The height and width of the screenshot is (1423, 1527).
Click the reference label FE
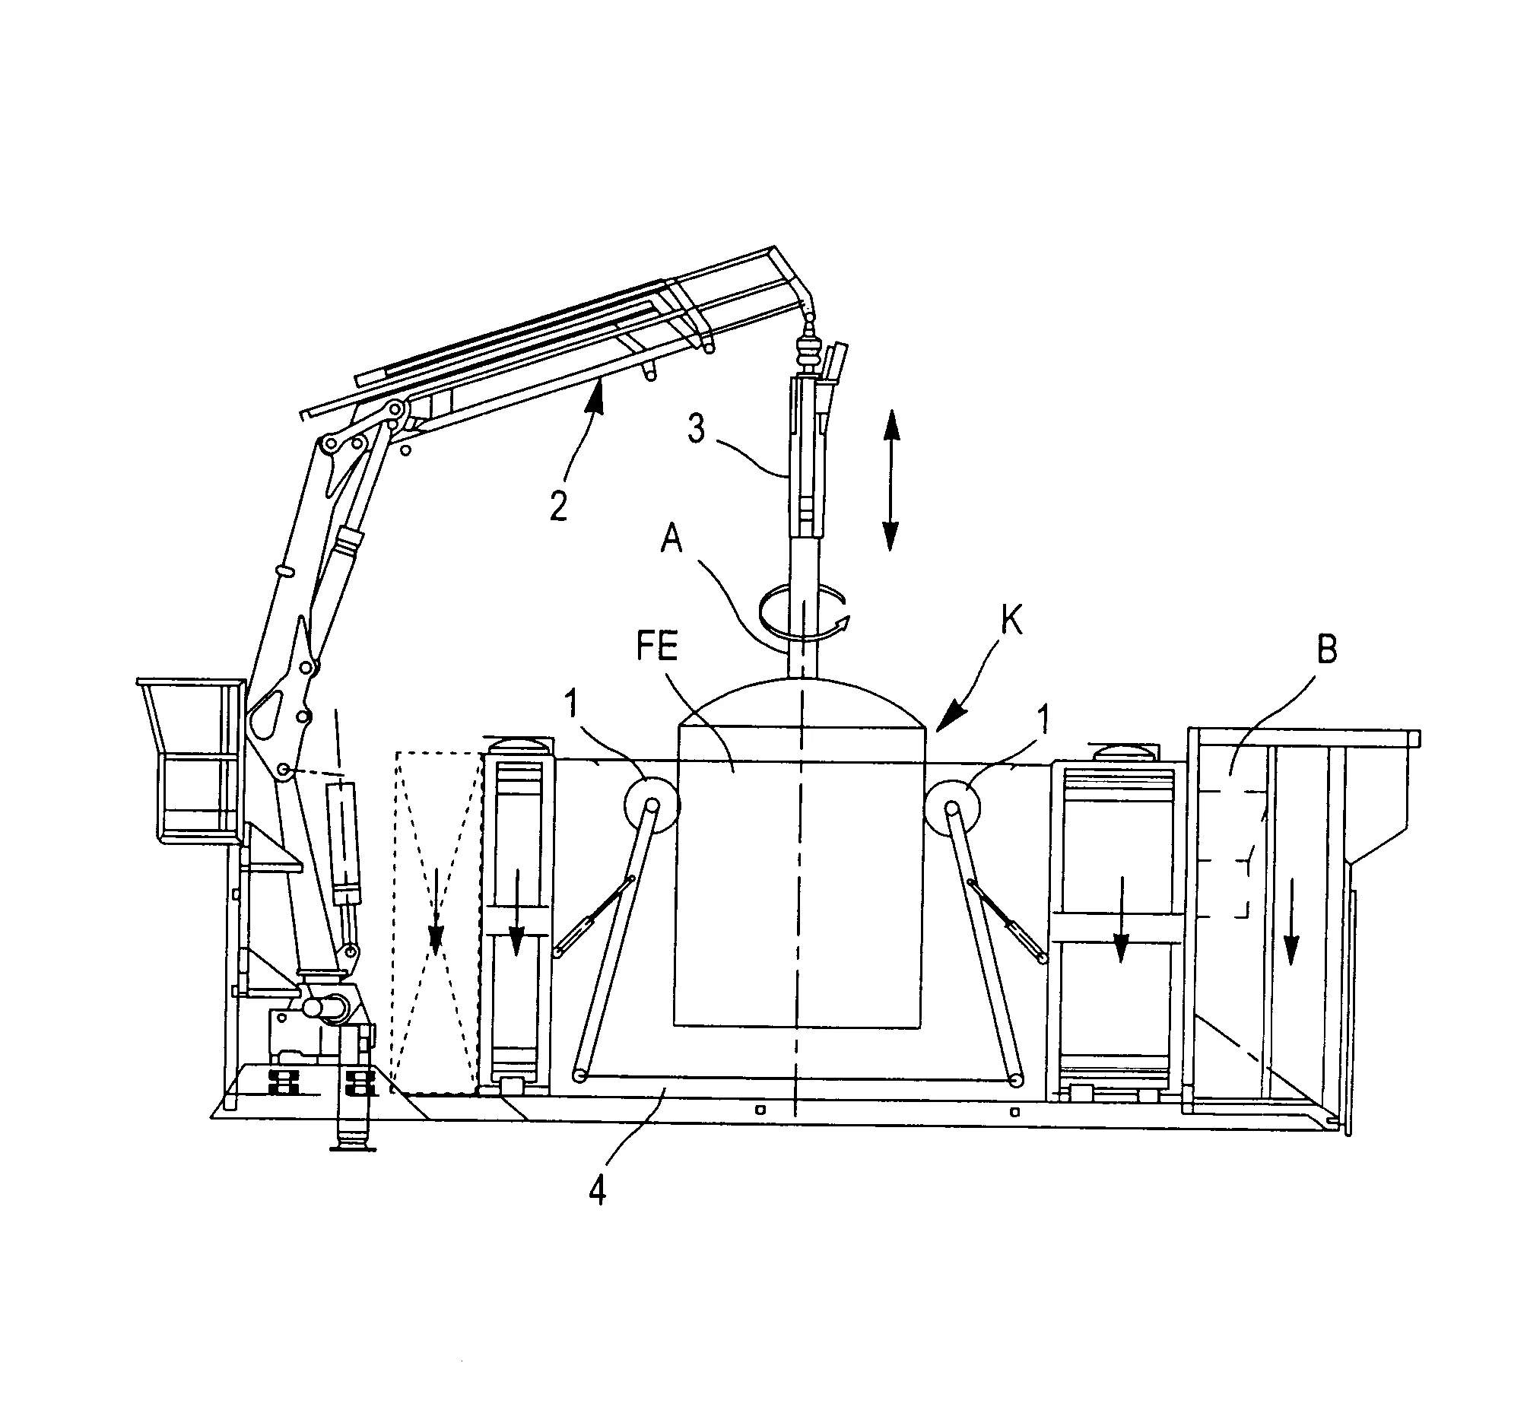657,646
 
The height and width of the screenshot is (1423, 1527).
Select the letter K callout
1012,620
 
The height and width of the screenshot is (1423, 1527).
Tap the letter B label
1327,650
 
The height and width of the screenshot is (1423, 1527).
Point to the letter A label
671,539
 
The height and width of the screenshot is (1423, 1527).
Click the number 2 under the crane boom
558,507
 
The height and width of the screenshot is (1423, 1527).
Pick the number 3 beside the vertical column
696,430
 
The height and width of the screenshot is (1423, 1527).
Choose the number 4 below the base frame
598,1191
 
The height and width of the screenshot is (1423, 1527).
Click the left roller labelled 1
652,805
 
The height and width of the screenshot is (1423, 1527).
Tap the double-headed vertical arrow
890,480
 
